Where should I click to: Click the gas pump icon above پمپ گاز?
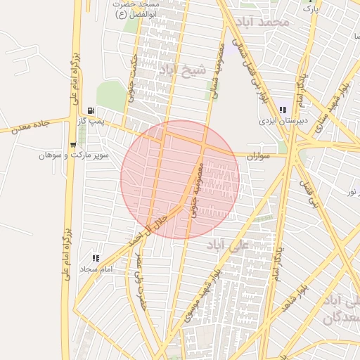tap(91, 111)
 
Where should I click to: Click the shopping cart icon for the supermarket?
tap(73, 145)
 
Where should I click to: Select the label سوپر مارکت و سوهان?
tap(74, 155)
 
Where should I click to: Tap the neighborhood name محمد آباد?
tap(264, 22)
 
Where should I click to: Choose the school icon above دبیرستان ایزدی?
tap(283, 110)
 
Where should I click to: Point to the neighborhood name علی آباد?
tap(229, 245)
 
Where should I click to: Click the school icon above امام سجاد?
tap(96, 258)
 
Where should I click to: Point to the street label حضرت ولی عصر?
tap(142, 276)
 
